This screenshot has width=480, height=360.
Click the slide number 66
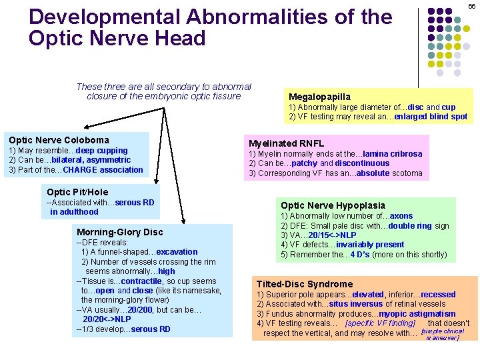click(x=471, y=6)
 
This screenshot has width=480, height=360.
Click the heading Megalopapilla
click(x=319, y=97)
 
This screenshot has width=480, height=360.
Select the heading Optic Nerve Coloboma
click(x=59, y=140)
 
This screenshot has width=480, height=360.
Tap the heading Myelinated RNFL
click(x=286, y=143)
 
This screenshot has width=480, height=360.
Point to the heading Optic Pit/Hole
click(x=77, y=192)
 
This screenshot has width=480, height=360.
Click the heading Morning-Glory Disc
click(x=120, y=232)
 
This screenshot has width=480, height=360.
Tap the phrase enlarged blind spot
click(x=439, y=117)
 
